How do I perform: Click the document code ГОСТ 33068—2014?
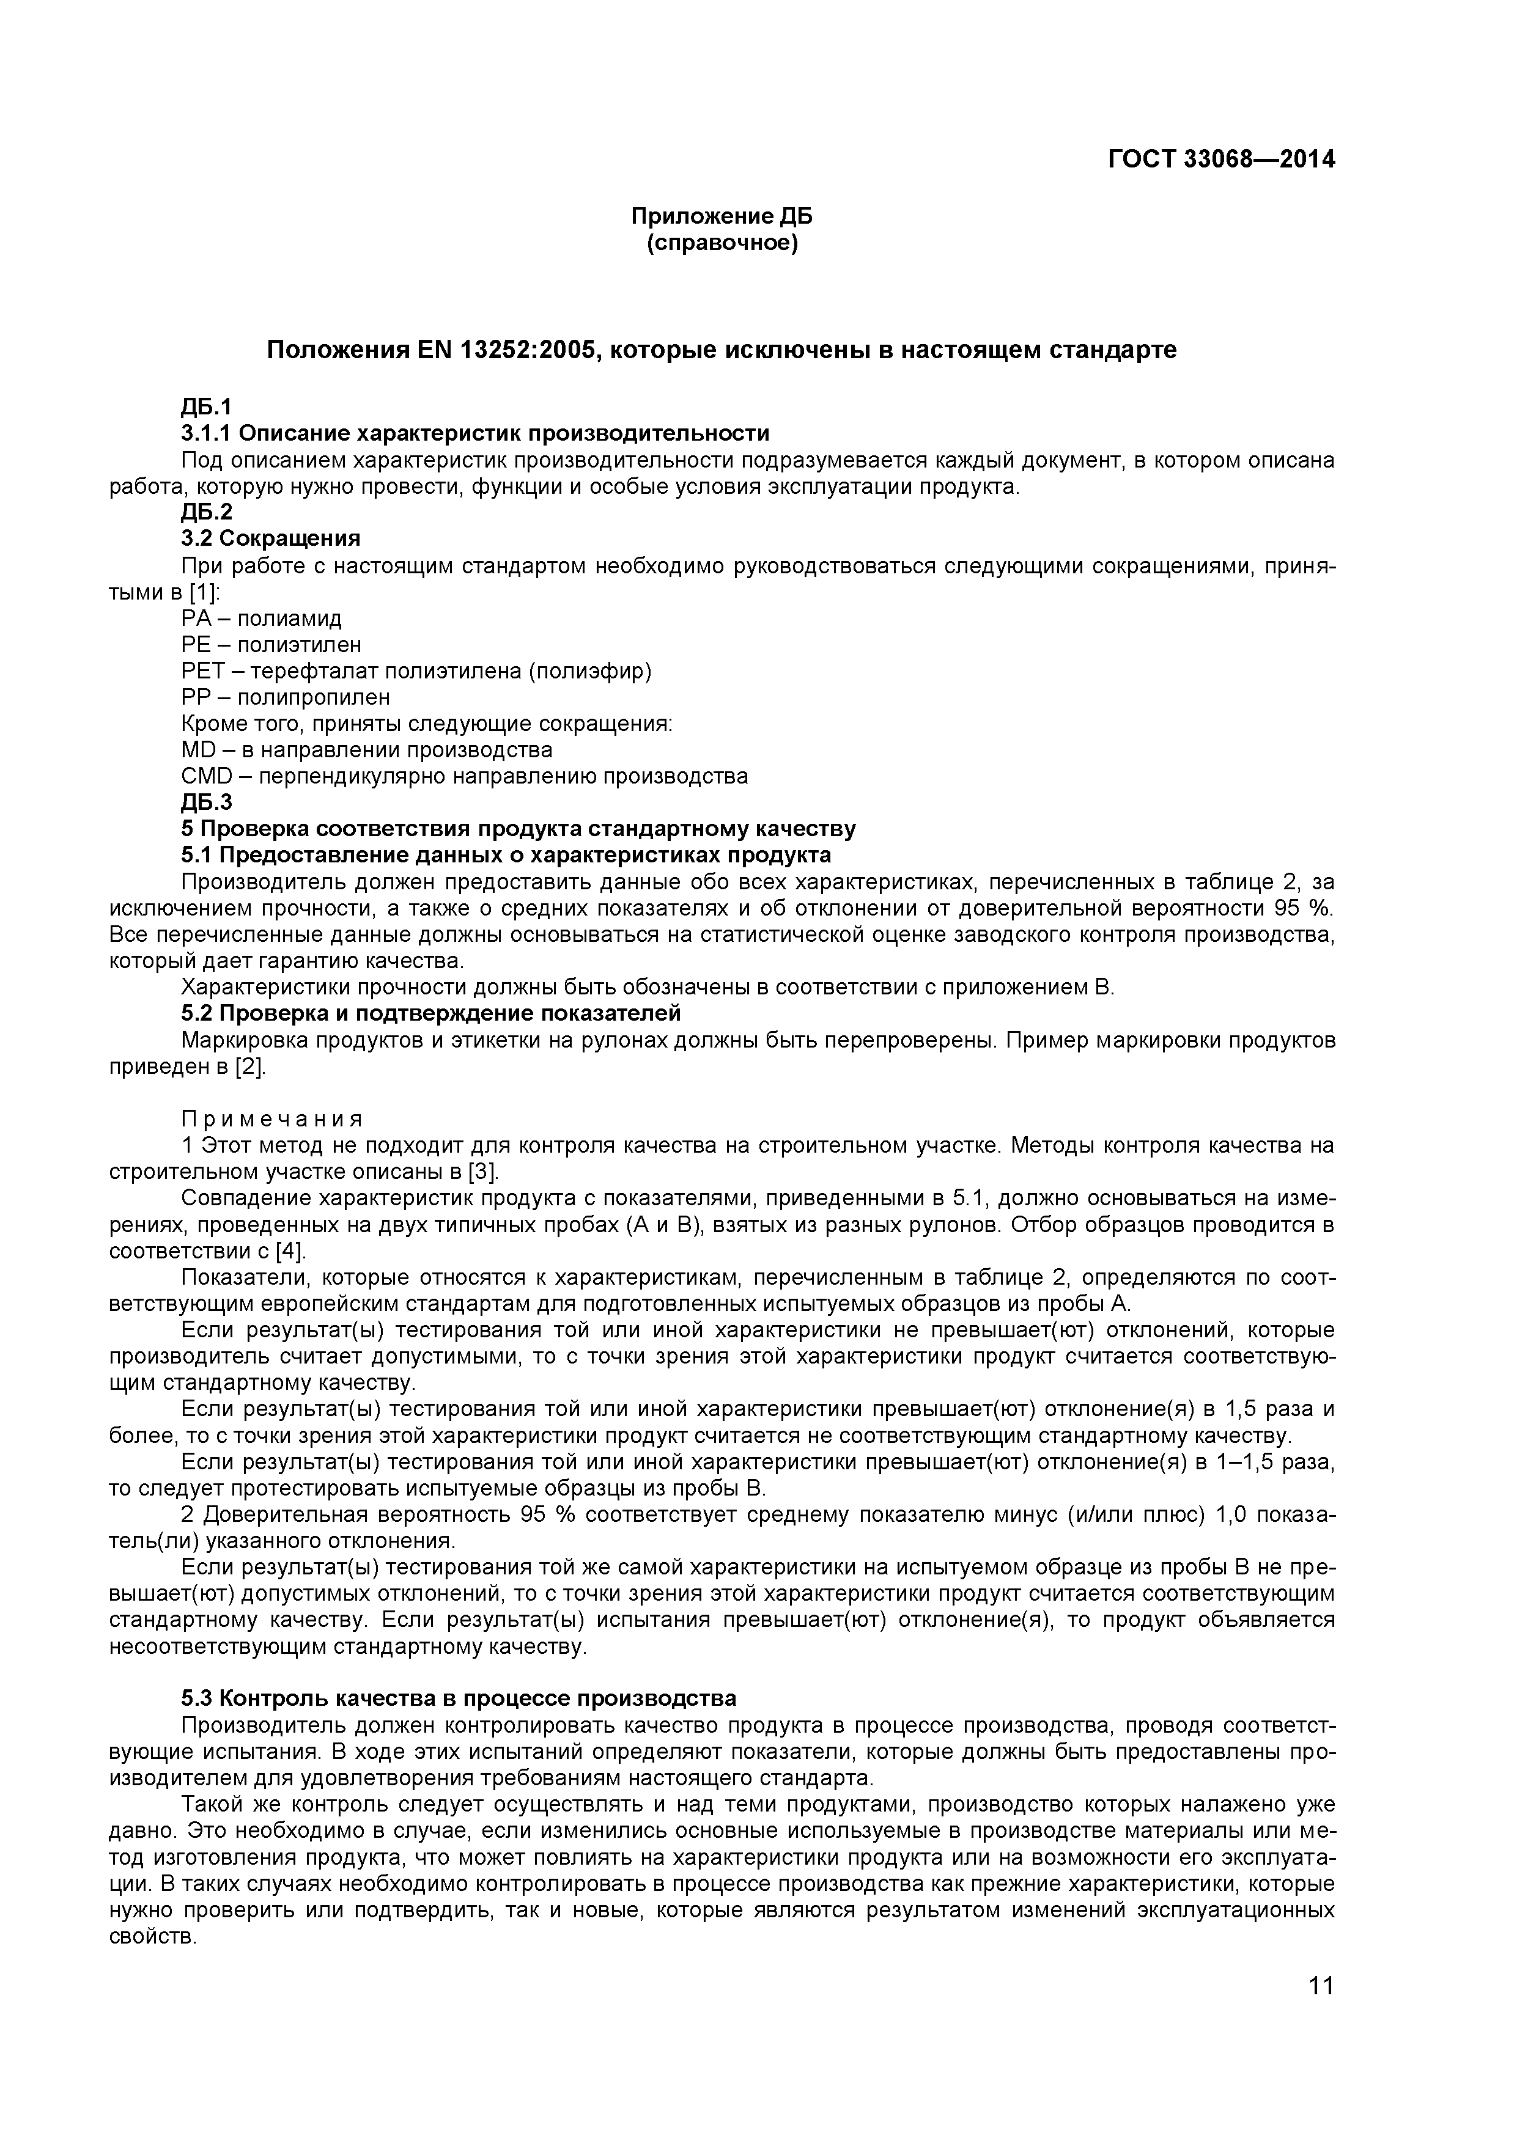(x=1221, y=160)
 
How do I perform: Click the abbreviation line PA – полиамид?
(x=262, y=618)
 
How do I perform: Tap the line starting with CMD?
(x=464, y=776)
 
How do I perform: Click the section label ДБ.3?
(x=207, y=802)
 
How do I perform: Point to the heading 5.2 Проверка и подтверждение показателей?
(x=430, y=1013)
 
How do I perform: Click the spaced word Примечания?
(x=272, y=1118)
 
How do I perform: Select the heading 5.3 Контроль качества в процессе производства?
(x=459, y=1698)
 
